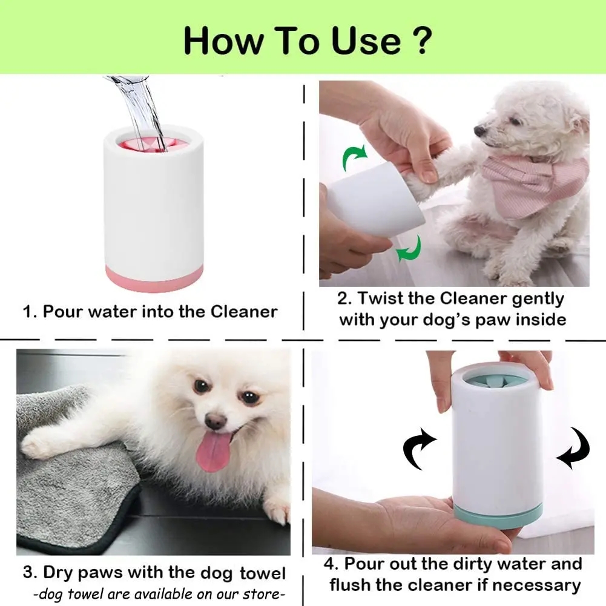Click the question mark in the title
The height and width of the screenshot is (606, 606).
(x=420, y=39)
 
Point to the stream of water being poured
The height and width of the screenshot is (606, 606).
(x=141, y=109)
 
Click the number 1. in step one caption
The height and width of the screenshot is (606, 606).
(x=30, y=312)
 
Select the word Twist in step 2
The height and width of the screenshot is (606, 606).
(x=395, y=298)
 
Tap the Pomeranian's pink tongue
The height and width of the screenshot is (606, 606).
(x=213, y=451)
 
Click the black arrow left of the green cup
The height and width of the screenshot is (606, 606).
(x=420, y=449)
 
